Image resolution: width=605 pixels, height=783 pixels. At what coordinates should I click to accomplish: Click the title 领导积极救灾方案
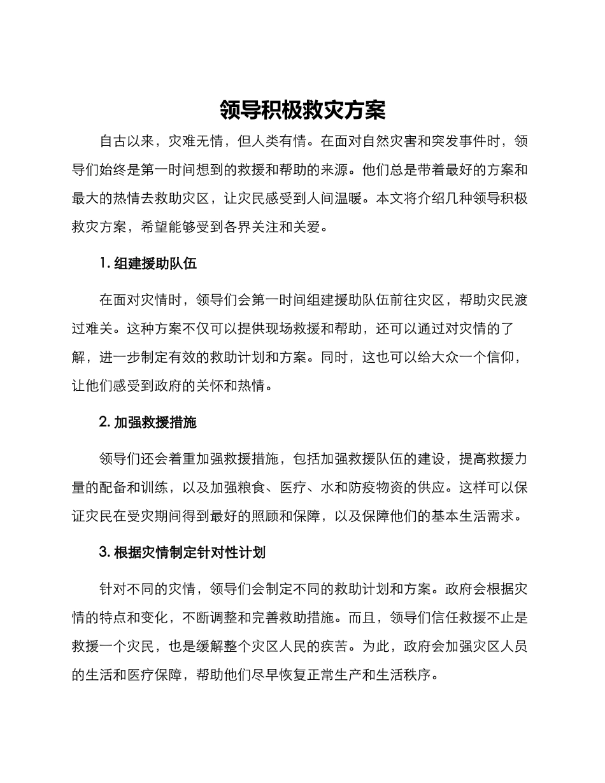click(302, 110)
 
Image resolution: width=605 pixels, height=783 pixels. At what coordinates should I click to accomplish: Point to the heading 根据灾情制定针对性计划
click(189, 553)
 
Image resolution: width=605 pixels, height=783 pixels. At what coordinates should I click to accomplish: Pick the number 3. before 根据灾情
click(105, 553)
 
